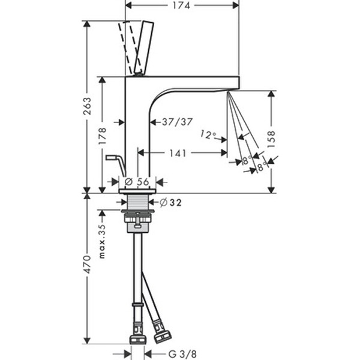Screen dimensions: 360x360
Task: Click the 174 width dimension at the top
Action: (x=181, y=5)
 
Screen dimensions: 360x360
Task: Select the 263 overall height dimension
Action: (x=88, y=106)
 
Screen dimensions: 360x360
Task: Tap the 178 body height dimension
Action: (x=103, y=136)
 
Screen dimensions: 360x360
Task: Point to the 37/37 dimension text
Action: (x=177, y=122)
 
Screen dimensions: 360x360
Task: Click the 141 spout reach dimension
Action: (x=178, y=153)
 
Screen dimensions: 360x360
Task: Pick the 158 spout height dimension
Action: (x=271, y=139)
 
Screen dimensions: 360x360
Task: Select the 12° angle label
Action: (x=208, y=135)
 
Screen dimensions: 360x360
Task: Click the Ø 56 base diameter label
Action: (x=137, y=182)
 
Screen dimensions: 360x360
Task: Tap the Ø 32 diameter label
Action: (x=171, y=203)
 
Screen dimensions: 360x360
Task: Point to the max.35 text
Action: (x=103, y=242)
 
